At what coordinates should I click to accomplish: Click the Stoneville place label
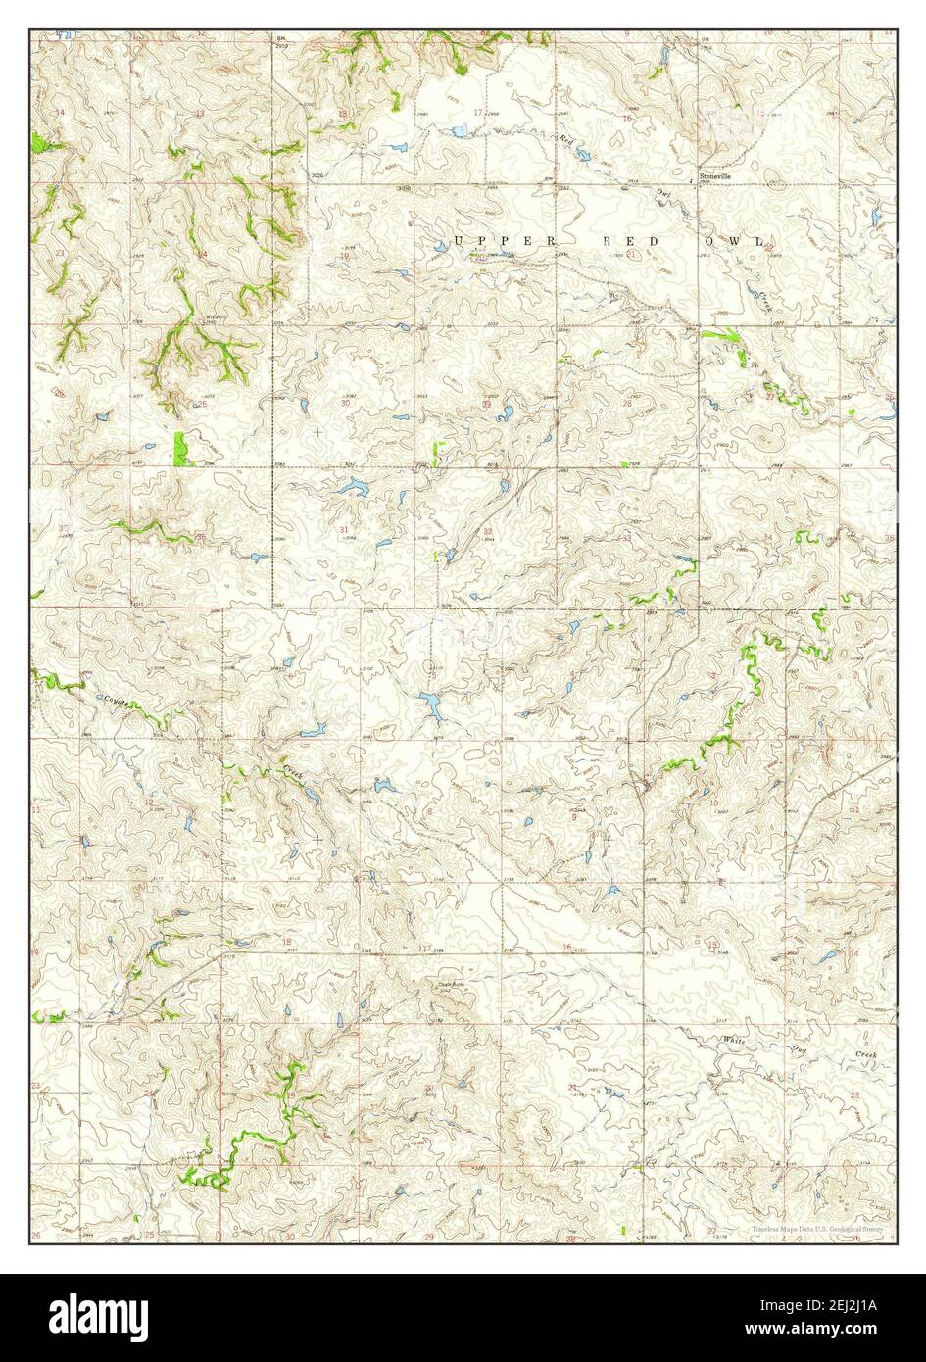pos(714,177)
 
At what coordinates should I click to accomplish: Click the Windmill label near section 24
pos(216,317)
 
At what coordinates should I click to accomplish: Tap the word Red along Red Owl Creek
pos(565,140)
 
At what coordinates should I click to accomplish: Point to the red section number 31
pos(343,530)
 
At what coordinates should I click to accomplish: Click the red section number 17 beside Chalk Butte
pos(424,948)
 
